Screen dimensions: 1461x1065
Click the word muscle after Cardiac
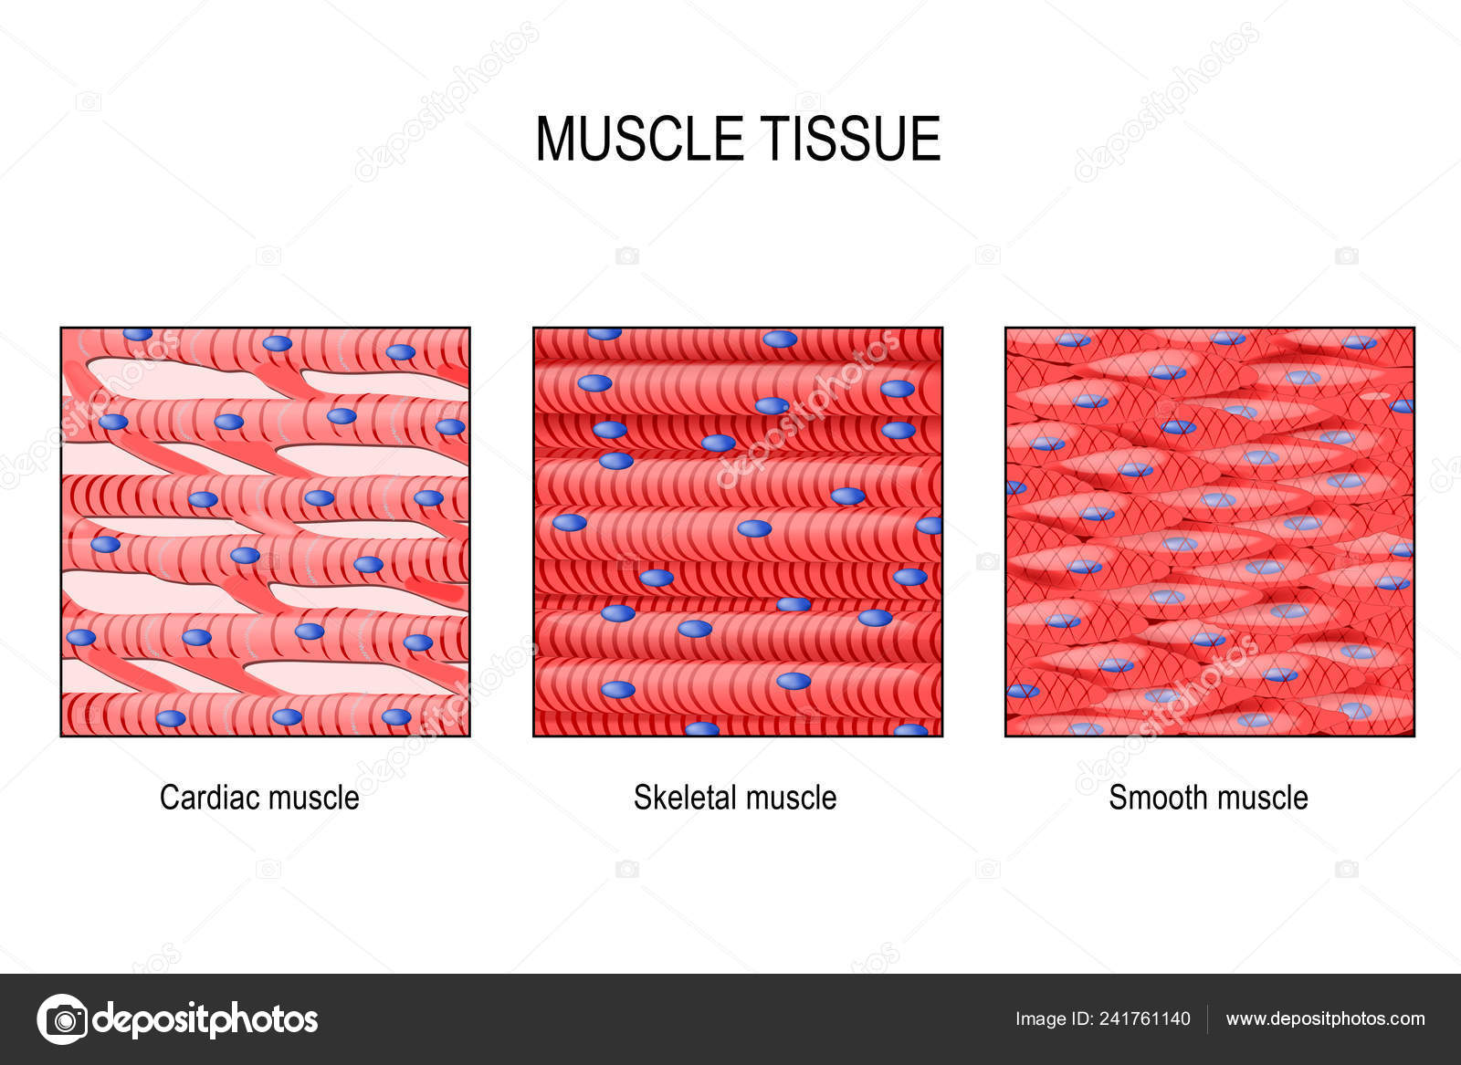(314, 797)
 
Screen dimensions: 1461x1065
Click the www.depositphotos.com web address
(1325, 1019)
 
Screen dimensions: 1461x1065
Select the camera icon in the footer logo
(63, 1019)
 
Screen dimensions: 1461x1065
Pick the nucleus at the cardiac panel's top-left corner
(138, 334)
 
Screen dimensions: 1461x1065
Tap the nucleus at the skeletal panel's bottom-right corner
(910, 730)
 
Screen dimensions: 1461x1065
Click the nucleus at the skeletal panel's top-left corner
(604, 334)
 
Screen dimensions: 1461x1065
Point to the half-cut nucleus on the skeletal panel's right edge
(929, 526)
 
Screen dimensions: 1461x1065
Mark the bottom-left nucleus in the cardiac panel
(171, 718)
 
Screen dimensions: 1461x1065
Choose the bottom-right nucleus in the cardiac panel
(396, 717)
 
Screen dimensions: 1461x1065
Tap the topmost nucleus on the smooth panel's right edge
(1402, 407)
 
